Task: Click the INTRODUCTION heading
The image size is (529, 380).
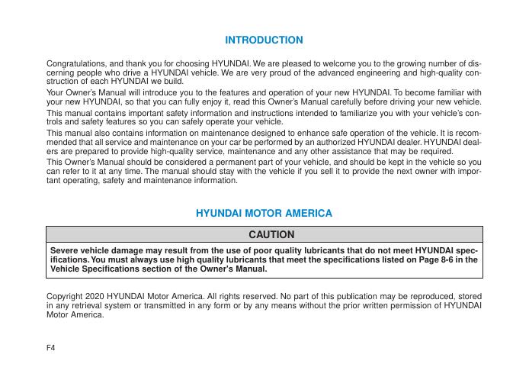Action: [264, 40]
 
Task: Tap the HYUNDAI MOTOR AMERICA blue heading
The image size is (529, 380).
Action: [264, 213]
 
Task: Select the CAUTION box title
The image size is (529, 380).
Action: [264, 233]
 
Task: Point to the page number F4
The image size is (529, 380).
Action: [53, 347]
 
